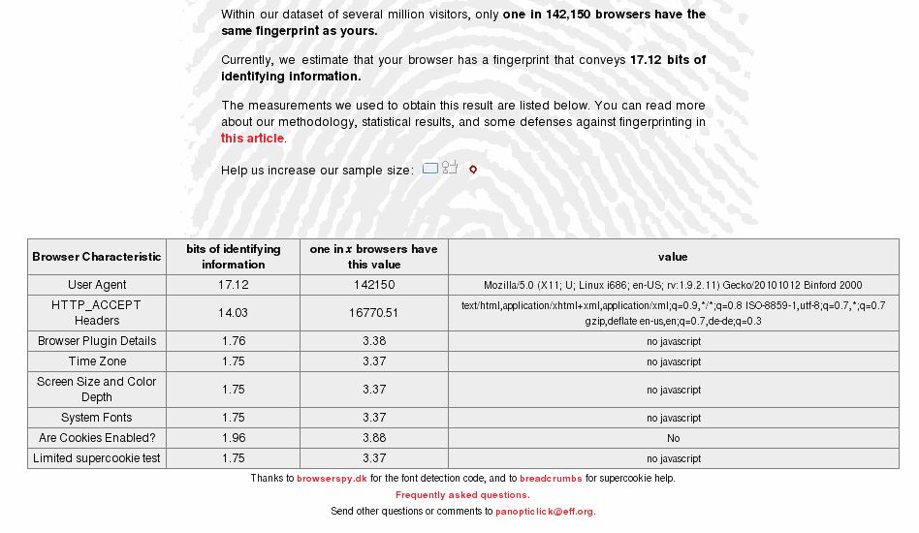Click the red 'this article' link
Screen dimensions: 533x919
(252, 139)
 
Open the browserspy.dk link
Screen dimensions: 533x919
(332, 479)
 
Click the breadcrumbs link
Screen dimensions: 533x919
(551, 479)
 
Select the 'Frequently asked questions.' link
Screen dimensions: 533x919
(462, 495)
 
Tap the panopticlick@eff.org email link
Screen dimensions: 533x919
(545, 512)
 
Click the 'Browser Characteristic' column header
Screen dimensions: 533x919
(97, 257)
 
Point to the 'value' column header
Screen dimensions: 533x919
(673, 257)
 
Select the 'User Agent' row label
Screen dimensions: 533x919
(97, 285)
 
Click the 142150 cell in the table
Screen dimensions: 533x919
(373, 285)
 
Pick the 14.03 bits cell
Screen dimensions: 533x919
(233, 313)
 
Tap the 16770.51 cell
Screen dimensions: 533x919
(373, 313)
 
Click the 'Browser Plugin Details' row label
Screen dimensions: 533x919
(97, 341)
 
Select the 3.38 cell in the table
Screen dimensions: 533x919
(373, 341)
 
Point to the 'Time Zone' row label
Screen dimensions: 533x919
(97, 361)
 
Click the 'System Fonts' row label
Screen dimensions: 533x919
(97, 418)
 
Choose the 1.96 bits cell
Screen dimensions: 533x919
(233, 438)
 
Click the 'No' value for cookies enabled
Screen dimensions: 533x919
(673, 438)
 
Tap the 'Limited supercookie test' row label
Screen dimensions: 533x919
(97, 458)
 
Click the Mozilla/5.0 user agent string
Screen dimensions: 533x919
(673, 285)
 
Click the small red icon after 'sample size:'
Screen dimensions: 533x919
(473, 170)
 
